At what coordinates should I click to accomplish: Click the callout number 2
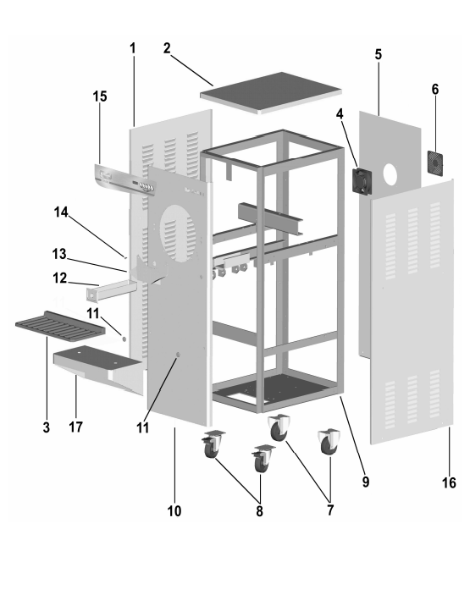tap(167, 48)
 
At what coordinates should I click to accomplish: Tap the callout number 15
tap(100, 96)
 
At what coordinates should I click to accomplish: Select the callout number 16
tap(449, 482)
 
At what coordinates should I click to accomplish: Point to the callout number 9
tap(365, 482)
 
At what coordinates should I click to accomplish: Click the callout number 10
tap(174, 511)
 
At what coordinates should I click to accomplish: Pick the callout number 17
tap(75, 427)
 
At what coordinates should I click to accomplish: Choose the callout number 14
tap(61, 212)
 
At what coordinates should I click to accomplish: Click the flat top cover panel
tap(271, 92)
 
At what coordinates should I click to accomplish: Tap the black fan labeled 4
tap(362, 181)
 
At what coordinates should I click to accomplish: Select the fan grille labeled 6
tap(435, 163)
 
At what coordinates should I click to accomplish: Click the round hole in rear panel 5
tap(390, 174)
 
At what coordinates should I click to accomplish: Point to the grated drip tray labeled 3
tap(61, 325)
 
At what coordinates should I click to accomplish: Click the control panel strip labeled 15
tap(124, 181)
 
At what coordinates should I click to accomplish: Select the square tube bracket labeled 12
tap(111, 290)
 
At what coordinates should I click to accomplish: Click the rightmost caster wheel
tap(329, 442)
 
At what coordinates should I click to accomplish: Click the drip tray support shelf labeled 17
tap(99, 369)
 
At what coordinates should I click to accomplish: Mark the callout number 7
tap(330, 510)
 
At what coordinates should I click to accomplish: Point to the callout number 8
tap(259, 511)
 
